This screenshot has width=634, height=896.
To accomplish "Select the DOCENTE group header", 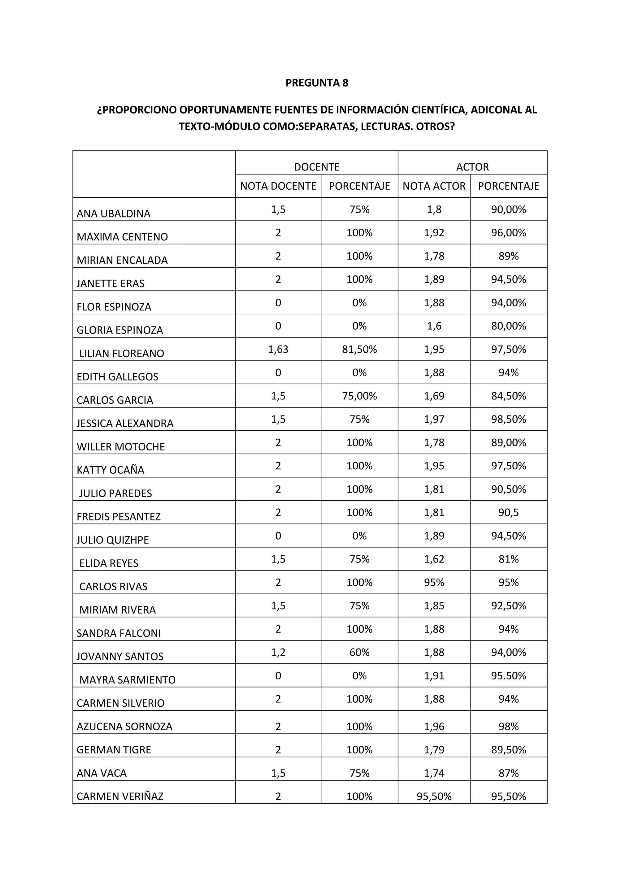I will (317, 167).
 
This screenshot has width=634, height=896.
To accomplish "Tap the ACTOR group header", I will (472, 167).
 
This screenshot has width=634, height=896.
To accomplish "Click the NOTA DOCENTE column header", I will (278, 186).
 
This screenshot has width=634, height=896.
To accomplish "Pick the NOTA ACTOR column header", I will (434, 186).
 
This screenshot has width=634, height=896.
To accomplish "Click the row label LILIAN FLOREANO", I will (121, 354).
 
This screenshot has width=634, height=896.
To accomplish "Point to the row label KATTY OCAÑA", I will (111, 470).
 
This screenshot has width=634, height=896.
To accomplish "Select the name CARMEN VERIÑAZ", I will (120, 796).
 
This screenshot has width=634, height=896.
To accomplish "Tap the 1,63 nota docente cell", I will (278, 349).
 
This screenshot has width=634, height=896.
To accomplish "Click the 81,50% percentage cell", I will (359, 349).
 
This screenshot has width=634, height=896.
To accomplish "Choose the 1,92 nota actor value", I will (434, 233).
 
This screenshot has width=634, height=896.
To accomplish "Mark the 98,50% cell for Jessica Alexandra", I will (508, 419).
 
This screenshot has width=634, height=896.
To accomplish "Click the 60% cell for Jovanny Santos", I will (359, 652).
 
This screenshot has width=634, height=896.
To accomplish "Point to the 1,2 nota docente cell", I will (278, 652).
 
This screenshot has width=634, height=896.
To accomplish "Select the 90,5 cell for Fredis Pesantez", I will (508, 512).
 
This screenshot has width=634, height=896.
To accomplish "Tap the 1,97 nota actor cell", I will (434, 419).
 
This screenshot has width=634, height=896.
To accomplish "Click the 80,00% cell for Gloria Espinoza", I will (508, 326).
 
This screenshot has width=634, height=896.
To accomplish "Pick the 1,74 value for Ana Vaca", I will (434, 773).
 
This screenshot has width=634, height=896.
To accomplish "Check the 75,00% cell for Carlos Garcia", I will (359, 396).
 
